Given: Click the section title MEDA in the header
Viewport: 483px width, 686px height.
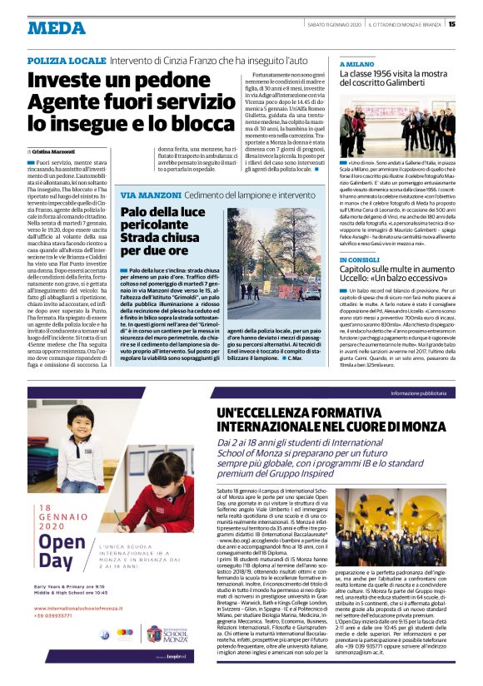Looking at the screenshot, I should point(57,27).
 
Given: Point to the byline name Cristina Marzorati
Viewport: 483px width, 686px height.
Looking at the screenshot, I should point(55,151).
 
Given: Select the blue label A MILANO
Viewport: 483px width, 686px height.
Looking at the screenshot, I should point(357,63).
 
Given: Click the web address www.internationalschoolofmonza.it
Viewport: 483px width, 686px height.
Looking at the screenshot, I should point(72,619).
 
